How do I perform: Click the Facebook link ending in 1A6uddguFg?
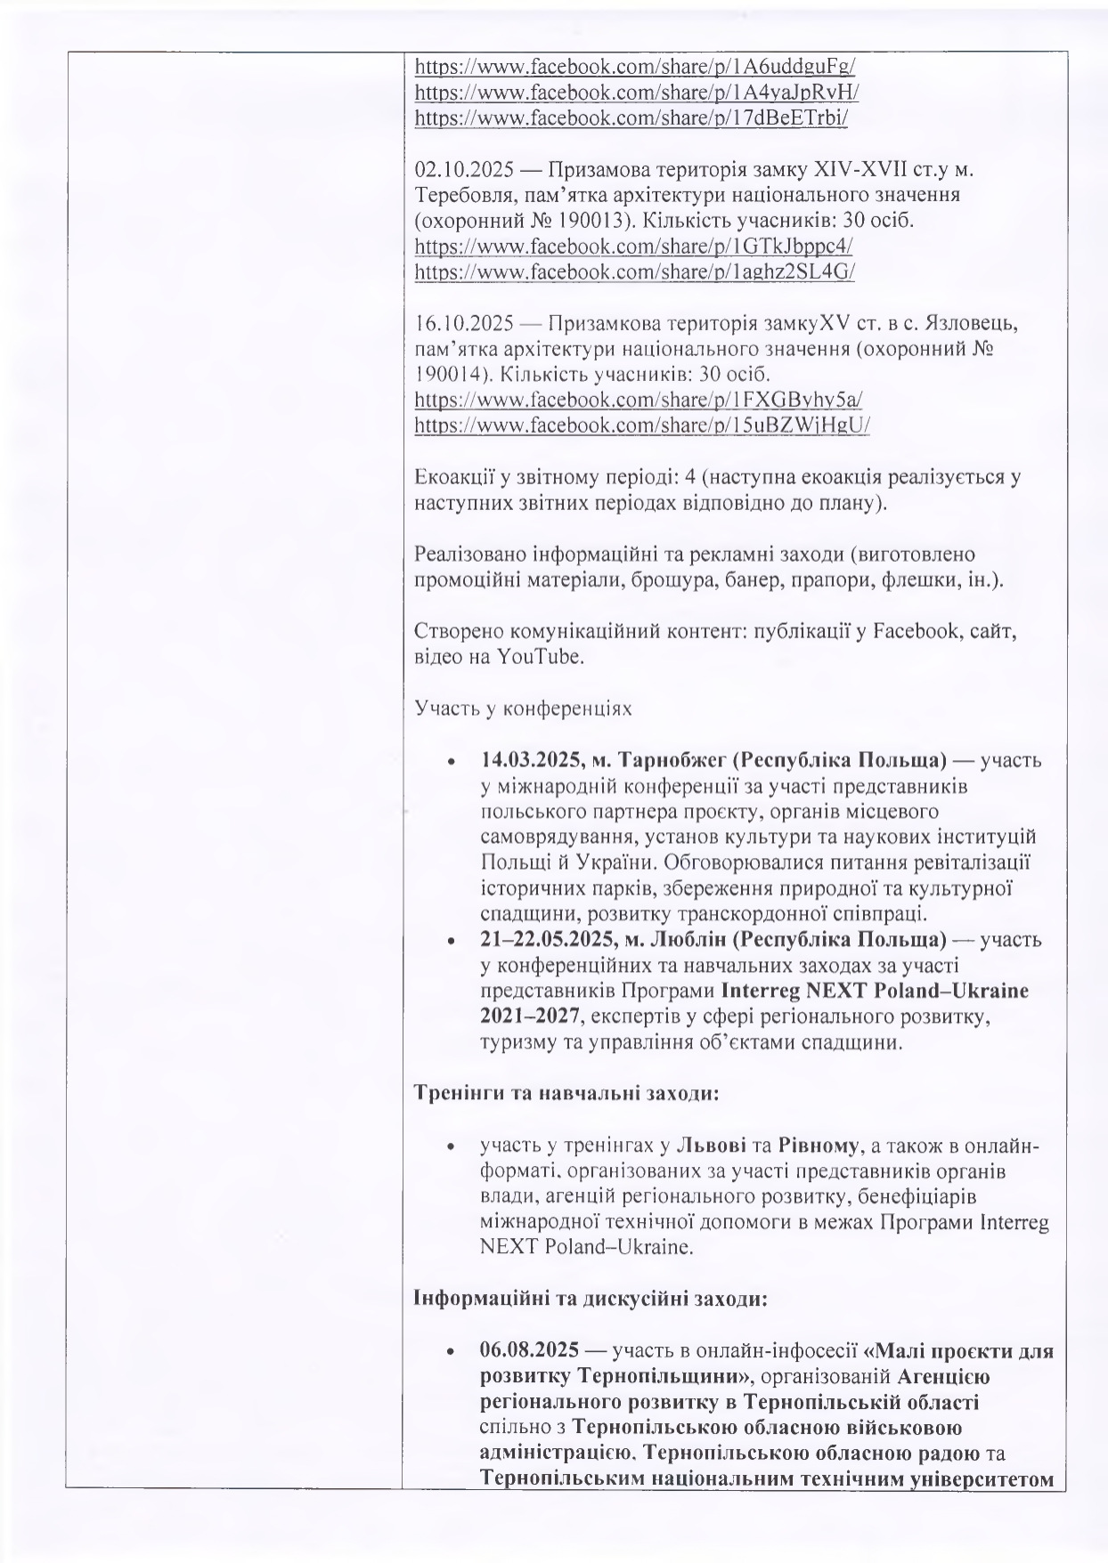pos(635,66)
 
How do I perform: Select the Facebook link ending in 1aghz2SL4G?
pos(634,272)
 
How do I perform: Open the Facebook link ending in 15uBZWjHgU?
pos(641,425)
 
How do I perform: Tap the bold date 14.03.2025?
pos(525,761)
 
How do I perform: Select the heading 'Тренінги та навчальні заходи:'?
pos(566,1093)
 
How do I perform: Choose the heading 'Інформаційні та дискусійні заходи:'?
pos(590,1299)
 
